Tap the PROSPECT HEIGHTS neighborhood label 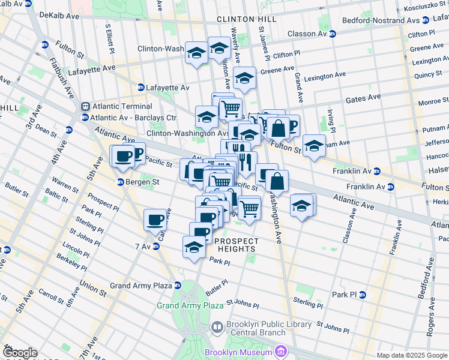(237, 242)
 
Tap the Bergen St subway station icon (120, 182)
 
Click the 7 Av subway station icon (156, 247)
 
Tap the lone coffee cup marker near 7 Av (155, 220)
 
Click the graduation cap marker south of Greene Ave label (244, 79)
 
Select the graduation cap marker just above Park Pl (194, 247)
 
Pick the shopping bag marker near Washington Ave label (277, 182)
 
